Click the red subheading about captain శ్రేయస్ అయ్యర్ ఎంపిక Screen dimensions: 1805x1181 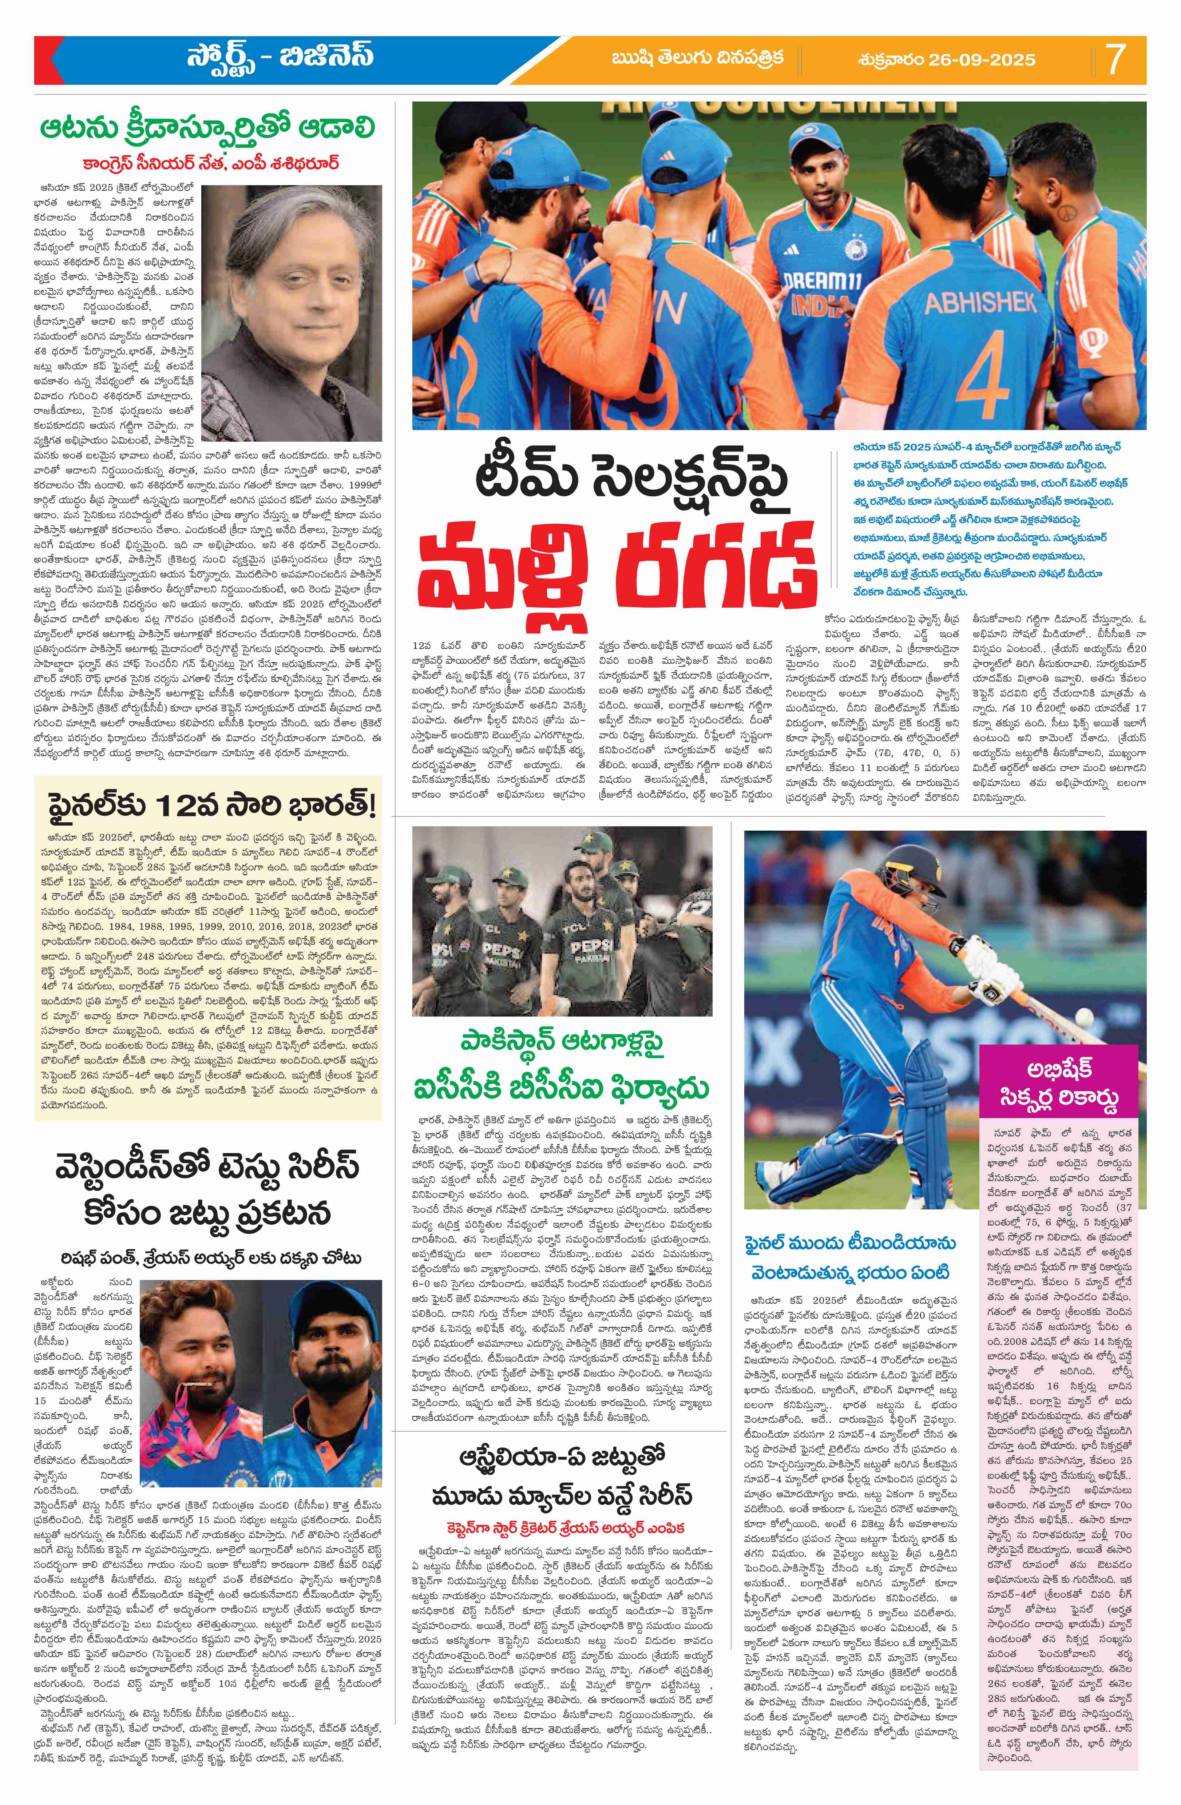click(562, 1480)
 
